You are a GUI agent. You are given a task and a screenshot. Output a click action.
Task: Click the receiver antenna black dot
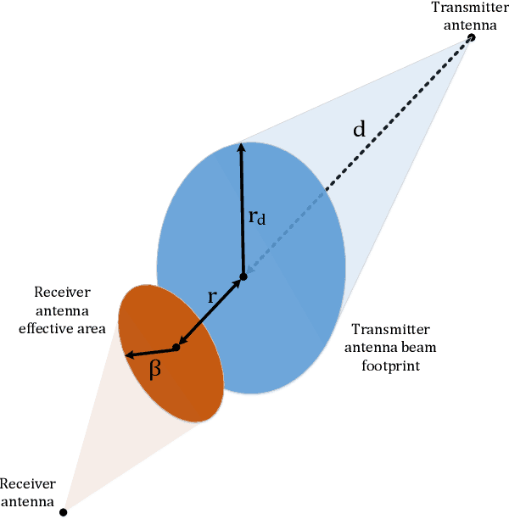click(63, 511)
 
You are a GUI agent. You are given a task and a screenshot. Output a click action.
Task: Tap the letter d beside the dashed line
click(360, 130)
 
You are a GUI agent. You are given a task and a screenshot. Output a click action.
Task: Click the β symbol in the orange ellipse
click(155, 370)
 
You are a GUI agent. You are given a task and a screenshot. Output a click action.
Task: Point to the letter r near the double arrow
click(212, 296)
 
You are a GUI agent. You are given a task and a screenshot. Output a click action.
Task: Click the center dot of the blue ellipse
click(243, 276)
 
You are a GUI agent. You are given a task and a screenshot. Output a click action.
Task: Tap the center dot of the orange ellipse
click(176, 347)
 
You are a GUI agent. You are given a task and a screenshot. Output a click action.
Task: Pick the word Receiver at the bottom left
click(28, 484)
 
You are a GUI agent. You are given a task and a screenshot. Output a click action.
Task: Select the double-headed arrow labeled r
click(210, 312)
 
